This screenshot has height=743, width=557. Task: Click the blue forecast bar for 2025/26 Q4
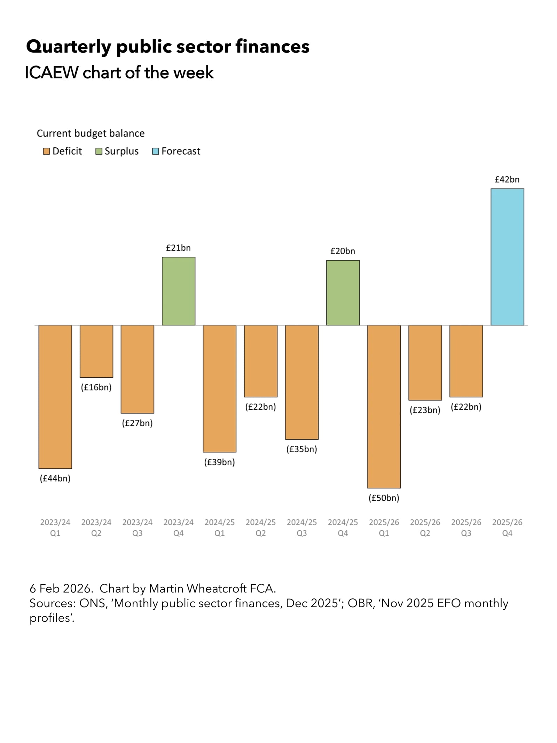pyautogui.click(x=507, y=257)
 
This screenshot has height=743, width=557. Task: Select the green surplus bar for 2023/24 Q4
pyautogui.click(x=179, y=291)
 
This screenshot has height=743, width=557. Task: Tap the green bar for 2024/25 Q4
pyautogui.click(x=343, y=293)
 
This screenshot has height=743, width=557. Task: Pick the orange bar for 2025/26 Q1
pyautogui.click(x=384, y=406)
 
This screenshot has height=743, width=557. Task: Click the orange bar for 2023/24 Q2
pyautogui.click(x=96, y=351)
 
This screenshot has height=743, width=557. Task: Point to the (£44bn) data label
pyautogui.click(x=55, y=478)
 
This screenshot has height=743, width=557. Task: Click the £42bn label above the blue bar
pyautogui.click(x=507, y=179)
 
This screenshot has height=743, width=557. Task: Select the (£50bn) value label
pyautogui.click(x=384, y=498)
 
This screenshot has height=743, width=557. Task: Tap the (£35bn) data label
pyautogui.click(x=302, y=449)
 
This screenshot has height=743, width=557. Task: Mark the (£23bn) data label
pyautogui.click(x=425, y=410)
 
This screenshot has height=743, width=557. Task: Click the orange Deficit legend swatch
pyautogui.click(x=46, y=151)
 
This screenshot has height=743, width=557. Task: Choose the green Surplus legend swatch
pyautogui.click(x=99, y=151)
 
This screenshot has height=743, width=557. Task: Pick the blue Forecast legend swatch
pyautogui.click(x=156, y=151)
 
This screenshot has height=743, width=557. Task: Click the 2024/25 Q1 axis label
pyautogui.click(x=220, y=527)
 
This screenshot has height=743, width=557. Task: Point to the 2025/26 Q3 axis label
pyautogui.click(x=466, y=527)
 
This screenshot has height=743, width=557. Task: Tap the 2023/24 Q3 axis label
pyautogui.click(x=138, y=527)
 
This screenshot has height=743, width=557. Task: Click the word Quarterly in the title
pyautogui.click(x=68, y=47)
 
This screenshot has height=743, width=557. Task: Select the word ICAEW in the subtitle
pyautogui.click(x=52, y=72)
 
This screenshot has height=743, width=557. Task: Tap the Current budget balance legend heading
pyautogui.click(x=91, y=133)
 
